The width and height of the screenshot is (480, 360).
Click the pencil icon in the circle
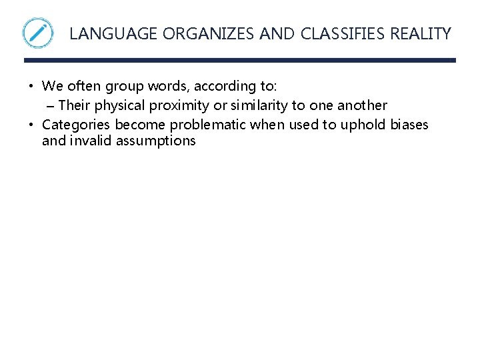37,33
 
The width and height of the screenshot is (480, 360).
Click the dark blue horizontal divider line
240,60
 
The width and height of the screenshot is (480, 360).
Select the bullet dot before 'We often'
31,86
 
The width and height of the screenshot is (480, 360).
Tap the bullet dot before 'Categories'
31,125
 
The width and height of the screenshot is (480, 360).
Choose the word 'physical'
118,105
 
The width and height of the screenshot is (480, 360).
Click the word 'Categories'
77,125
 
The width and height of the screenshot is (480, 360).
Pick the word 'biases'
409,125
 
